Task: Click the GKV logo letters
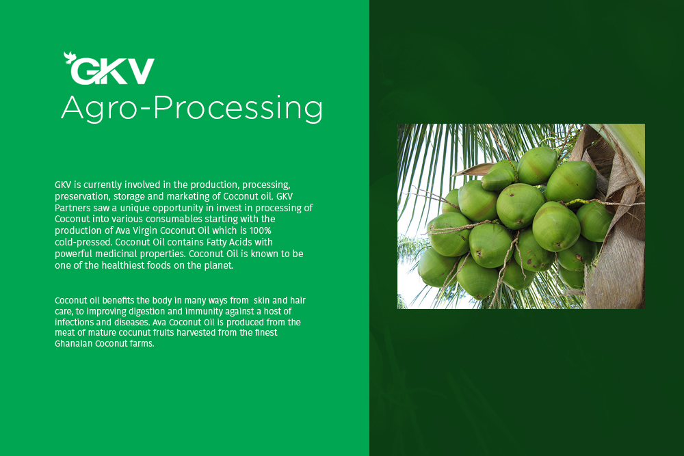[113, 71]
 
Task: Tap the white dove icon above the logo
[70, 57]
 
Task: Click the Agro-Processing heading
[192, 108]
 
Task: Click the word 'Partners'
[73, 208]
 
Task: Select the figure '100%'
[261, 230]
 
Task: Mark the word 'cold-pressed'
[83, 243]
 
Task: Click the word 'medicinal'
[116, 254]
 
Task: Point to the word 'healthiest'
[123, 265]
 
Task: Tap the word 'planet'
[219, 265]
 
